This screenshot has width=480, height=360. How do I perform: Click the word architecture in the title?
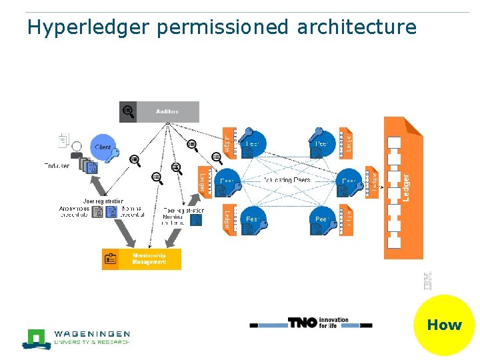(x=356, y=27)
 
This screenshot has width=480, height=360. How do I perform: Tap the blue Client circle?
(x=103, y=147)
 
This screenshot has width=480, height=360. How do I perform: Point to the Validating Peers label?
(x=287, y=181)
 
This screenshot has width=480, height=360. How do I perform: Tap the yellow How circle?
(x=444, y=325)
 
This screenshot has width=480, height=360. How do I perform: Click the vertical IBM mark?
(x=427, y=280)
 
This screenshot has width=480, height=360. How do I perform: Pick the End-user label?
(x=57, y=165)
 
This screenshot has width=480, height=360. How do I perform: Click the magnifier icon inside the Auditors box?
(x=128, y=112)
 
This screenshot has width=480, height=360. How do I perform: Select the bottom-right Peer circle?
(x=322, y=219)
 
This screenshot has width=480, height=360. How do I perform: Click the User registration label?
(x=103, y=201)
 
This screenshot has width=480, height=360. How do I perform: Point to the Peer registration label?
(x=183, y=210)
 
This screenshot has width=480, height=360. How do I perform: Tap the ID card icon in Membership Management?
(x=111, y=259)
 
